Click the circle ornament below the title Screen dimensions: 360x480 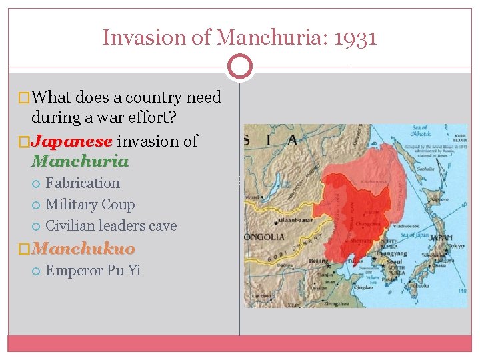click(240, 67)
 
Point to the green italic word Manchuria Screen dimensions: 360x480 click(80, 161)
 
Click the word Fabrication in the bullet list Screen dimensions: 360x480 click(83, 183)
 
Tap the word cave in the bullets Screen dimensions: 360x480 click(161, 226)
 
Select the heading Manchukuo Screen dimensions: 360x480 click(83, 249)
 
